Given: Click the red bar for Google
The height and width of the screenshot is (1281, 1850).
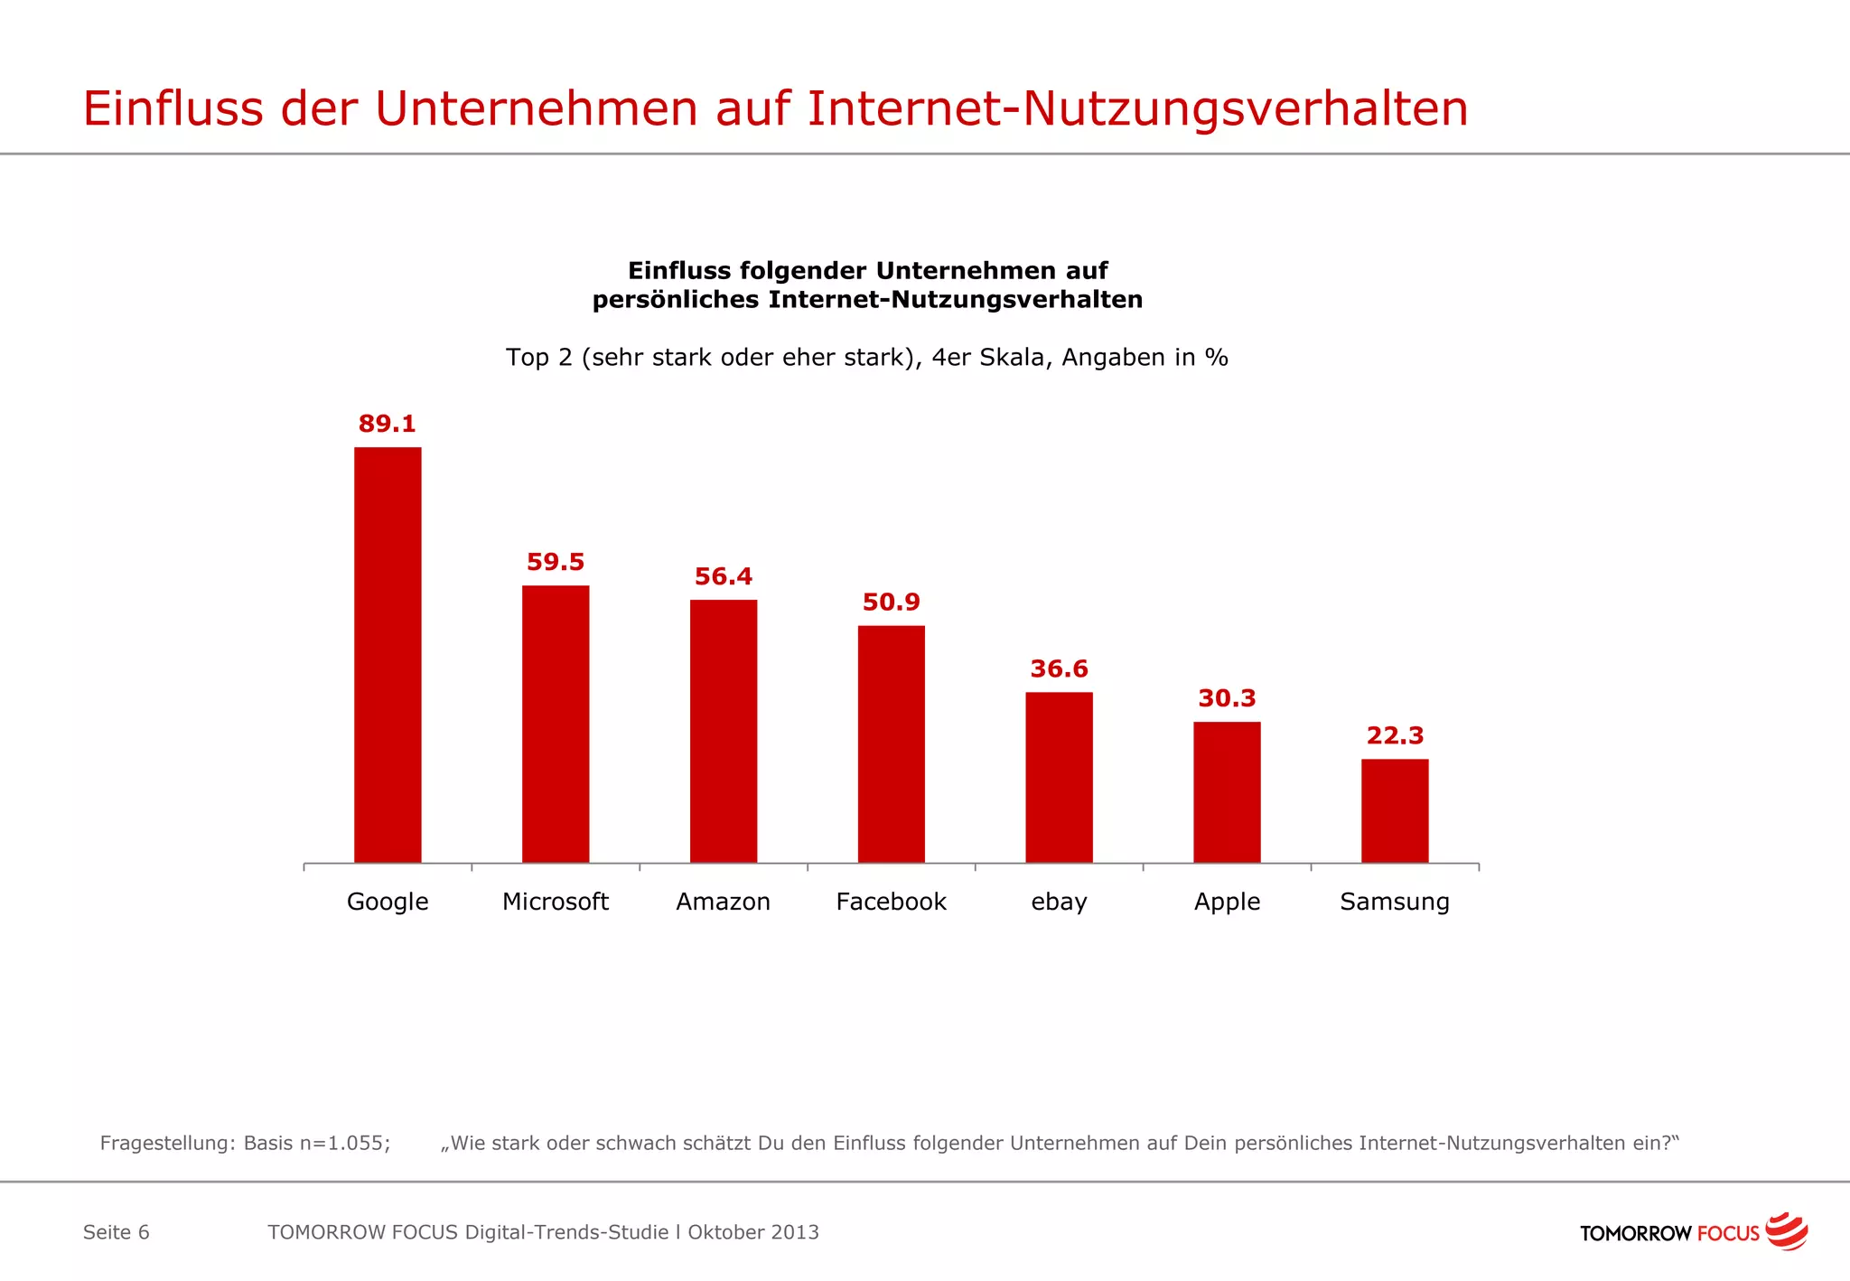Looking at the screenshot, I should click(388, 655).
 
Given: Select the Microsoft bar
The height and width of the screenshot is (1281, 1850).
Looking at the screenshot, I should click(556, 724).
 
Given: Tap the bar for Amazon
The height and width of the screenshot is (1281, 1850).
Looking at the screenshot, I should click(724, 731).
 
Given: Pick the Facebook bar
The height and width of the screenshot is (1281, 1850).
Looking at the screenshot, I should click(892, 743).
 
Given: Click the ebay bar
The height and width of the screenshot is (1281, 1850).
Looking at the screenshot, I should click(1059, 777).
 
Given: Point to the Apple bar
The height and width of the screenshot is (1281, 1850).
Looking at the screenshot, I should click(1227, 791).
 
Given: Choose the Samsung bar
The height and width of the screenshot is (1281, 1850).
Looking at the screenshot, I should click(1395, 810).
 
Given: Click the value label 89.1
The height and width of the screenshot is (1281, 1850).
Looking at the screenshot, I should click(387, 424).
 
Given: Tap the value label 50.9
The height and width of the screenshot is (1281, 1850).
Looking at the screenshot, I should click(891, 603).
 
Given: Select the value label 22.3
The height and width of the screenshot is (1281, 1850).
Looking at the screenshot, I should click(1395, 736).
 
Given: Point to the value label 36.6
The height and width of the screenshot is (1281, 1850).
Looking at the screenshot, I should click(1059, 669).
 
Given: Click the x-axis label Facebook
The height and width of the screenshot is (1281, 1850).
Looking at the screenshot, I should click(891, 902).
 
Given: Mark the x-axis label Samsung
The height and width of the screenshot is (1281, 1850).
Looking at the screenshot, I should click(1395, 902).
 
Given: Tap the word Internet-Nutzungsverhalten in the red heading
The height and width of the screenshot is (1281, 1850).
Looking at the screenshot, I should click(1137, 108).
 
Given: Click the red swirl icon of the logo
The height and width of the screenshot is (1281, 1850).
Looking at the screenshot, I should click(1786, 1230).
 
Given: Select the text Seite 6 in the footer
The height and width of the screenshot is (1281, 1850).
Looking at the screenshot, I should click(116, 1232).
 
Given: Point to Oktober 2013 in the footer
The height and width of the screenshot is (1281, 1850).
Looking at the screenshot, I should click(753, 1232).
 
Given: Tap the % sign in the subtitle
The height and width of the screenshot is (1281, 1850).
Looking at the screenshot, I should click(1217, 358).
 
